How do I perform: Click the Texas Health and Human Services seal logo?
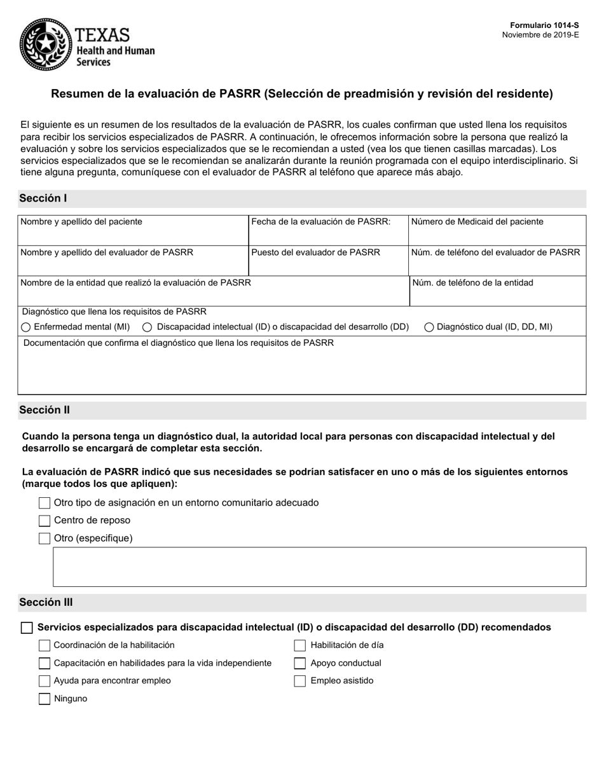pyautogui.click(x=45, y=44)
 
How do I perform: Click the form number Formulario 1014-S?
pyautogui.click(x=544, y=25)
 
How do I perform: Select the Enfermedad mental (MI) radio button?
pyautogui.click(x=26, y=327)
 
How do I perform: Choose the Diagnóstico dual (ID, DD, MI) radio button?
pyautogui.click(x=429, y=327)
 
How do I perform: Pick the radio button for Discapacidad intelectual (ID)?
pyautogui.click(x=148, y=327)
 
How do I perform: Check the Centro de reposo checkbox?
pyautogui.click(x=45, y=521)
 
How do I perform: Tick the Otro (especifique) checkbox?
pyautogui.click(x=45, y=538)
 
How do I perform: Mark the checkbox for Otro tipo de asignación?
pyautogui.click(x=45, y=503)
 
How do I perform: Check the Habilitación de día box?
pyautogui.click(x=300, y=645)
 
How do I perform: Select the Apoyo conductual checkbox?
pyautogui.click(x=300, y=663)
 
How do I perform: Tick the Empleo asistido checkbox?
pyautogui.click(x=300, y=681)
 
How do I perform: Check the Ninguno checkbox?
pyautogui.click(x=45, y=699)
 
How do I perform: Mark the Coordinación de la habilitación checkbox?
pyautogui.click(x=45, y=645)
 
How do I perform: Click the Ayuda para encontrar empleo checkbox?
pyautogui.click(x=45, y=681)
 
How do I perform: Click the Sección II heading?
pyautogui.click(x=45, y=410)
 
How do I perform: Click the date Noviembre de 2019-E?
pyautogui.click(x=540, y=35)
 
